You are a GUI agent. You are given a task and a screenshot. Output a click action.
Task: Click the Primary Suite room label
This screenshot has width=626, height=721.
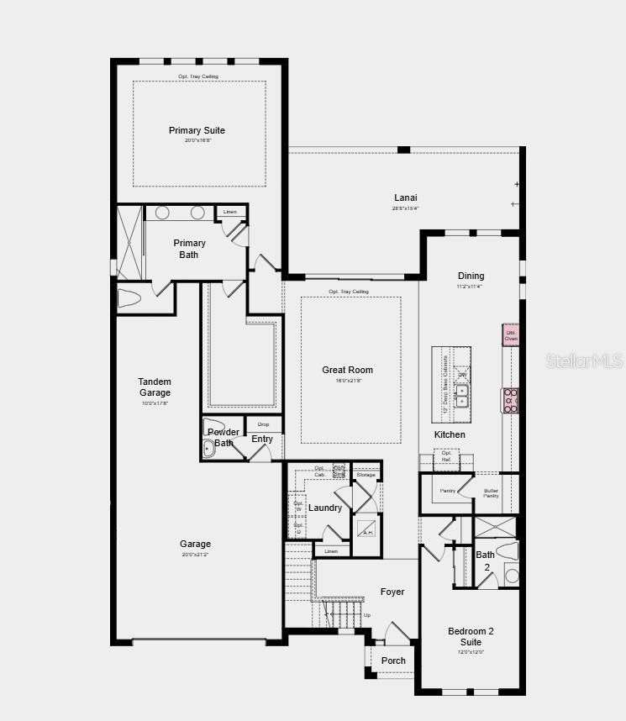[197, 130]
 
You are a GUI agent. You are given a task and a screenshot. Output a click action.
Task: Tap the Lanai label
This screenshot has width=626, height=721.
[406, 197]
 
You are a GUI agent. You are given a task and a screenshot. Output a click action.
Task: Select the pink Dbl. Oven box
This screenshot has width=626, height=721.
[511, 335]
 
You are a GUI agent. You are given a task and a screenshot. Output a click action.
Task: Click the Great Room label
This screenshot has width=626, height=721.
[347, 370]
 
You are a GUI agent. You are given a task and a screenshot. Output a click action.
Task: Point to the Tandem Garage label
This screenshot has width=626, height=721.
[155, 387]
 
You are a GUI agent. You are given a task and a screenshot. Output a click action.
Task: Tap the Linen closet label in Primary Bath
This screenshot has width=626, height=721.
[230, 212]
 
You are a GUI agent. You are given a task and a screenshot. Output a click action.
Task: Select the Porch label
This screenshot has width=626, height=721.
[393, 660]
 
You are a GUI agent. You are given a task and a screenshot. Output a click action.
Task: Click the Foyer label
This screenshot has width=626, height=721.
[392, 592]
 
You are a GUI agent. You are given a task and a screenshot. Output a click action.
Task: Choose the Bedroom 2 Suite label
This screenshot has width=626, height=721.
[471, 636]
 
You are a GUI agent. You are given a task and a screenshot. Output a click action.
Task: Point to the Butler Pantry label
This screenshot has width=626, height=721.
[491, 492]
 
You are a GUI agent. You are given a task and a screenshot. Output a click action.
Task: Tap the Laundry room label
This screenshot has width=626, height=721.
[325, 508]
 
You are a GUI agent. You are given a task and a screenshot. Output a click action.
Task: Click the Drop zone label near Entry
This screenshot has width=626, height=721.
[264, 424]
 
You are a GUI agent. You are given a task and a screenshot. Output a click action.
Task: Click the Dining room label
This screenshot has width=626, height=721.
[471, 276]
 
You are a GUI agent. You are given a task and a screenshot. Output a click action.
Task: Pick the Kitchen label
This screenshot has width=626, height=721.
[450, 434]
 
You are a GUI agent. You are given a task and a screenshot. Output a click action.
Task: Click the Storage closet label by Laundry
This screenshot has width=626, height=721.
[366, 475]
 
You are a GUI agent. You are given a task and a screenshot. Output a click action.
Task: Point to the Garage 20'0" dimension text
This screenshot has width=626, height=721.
[195, 555]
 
